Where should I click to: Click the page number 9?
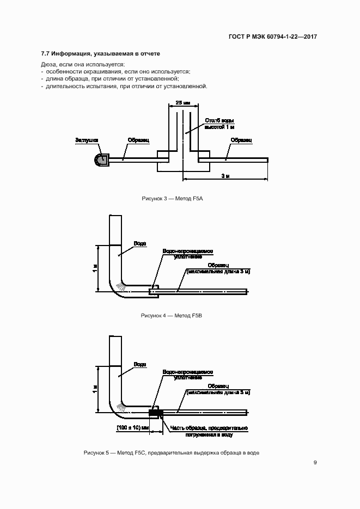[315, 463]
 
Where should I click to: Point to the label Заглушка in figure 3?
[86, 140]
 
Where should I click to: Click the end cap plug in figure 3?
[102, 159]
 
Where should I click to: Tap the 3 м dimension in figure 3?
[225, 176]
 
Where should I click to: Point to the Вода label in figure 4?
[140, 243]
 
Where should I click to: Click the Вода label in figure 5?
[140, 364]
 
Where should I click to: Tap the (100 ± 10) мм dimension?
[133, 427]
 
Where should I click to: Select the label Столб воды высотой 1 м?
[219, 124]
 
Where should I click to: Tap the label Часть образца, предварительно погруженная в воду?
[209, 431]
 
